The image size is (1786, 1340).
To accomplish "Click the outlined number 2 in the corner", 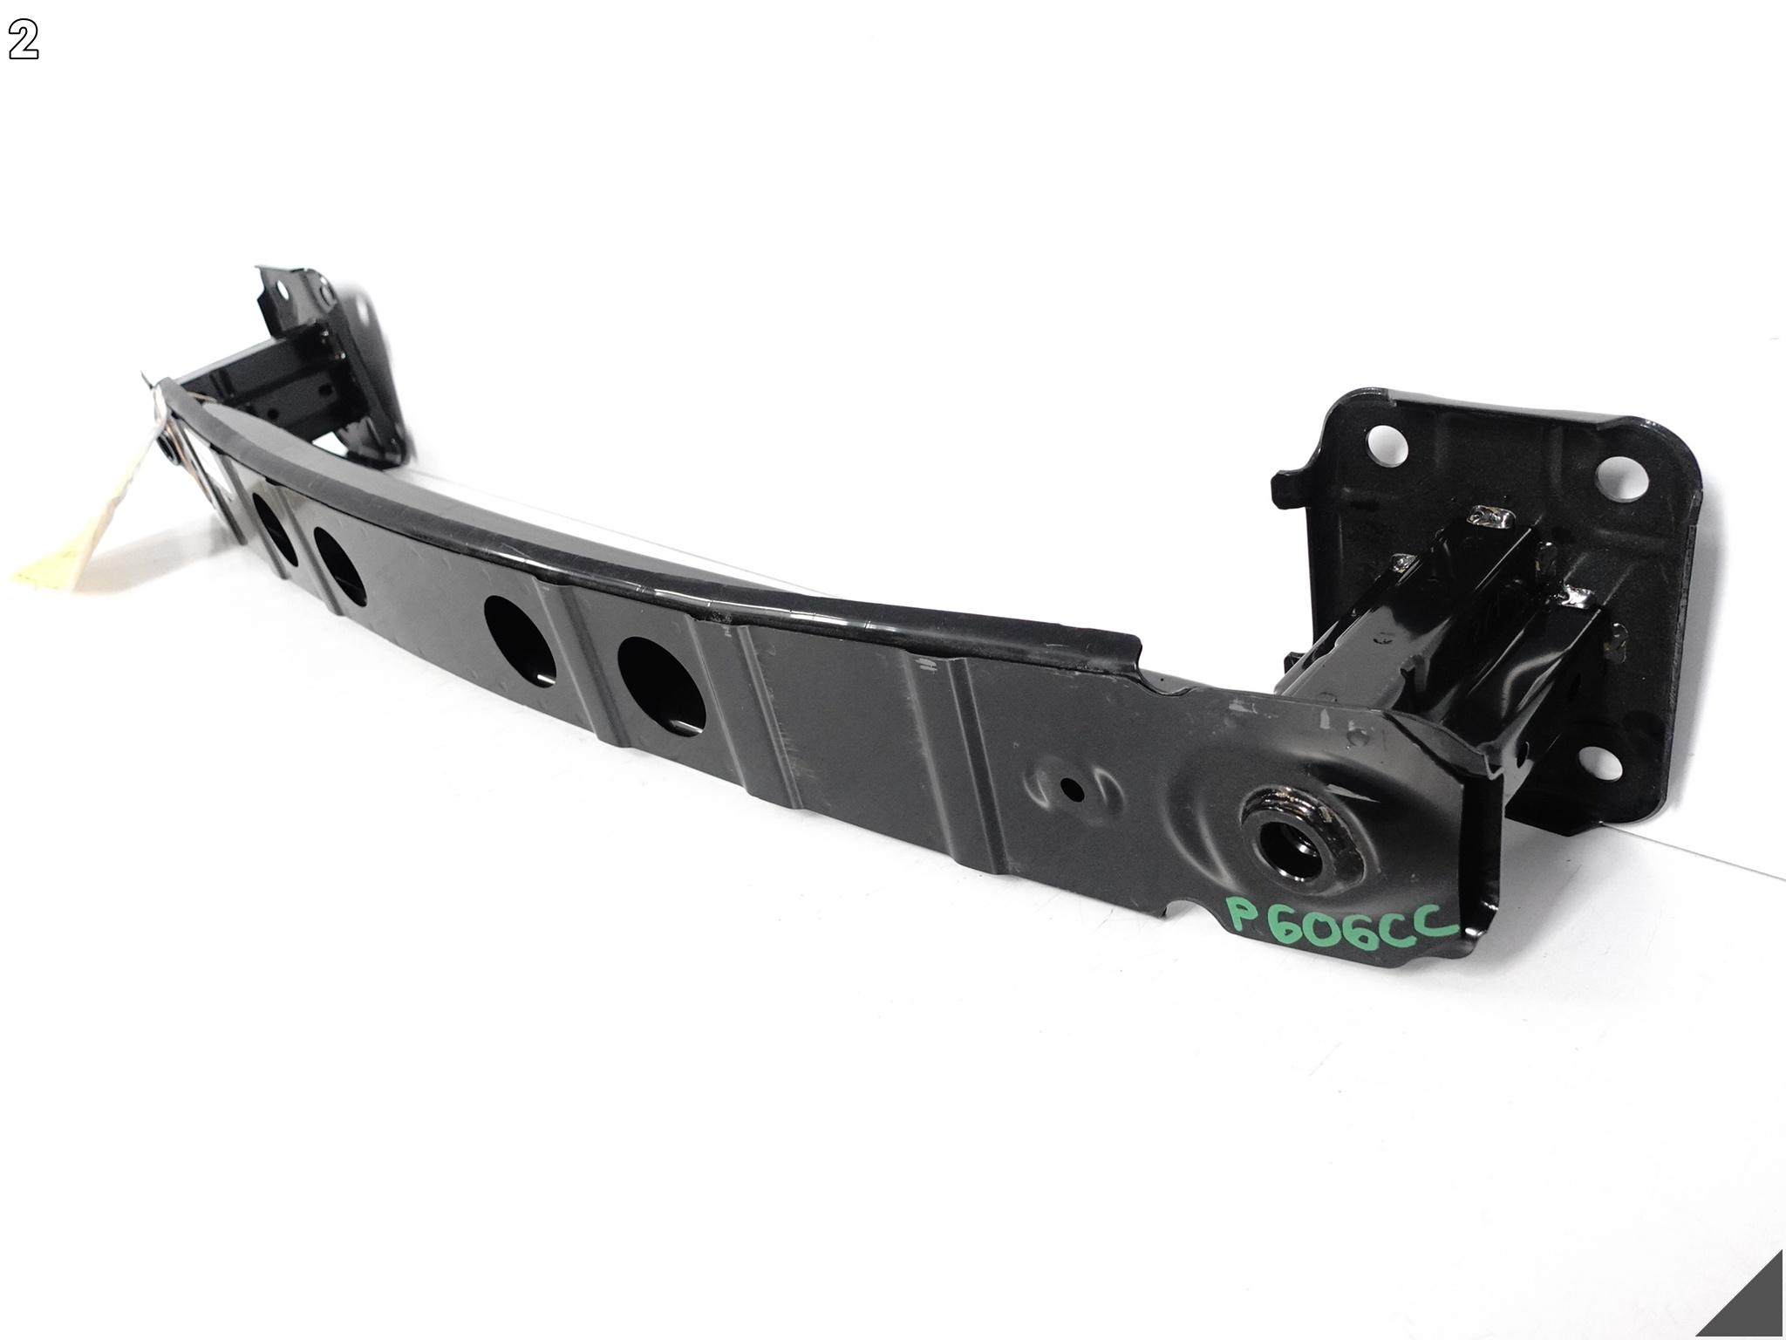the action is tap(24, 43).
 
